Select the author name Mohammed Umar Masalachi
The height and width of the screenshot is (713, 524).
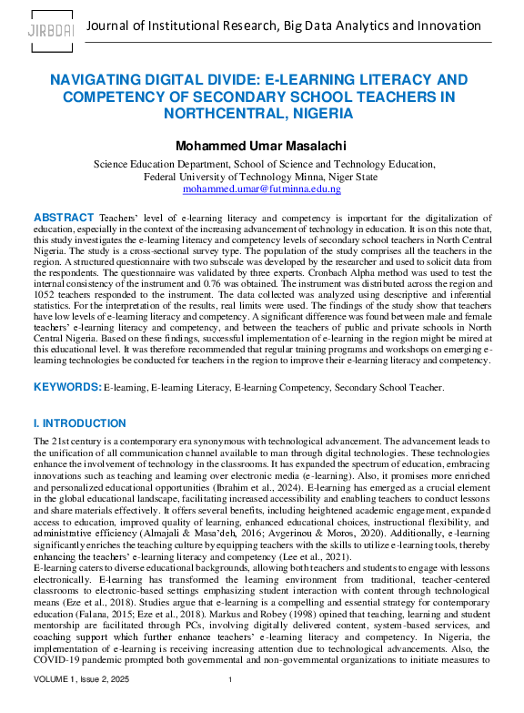coord(262,146)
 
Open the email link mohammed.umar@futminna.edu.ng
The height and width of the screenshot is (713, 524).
coord(262,188)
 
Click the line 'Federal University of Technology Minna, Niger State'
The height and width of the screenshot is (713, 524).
coord(262,177)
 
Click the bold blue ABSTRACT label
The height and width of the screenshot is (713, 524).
coord(63,218)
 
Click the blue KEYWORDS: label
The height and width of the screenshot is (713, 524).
coord(67,387)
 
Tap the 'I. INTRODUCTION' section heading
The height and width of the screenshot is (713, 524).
coord(79,423)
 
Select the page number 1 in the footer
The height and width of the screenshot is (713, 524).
coord(231,705)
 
